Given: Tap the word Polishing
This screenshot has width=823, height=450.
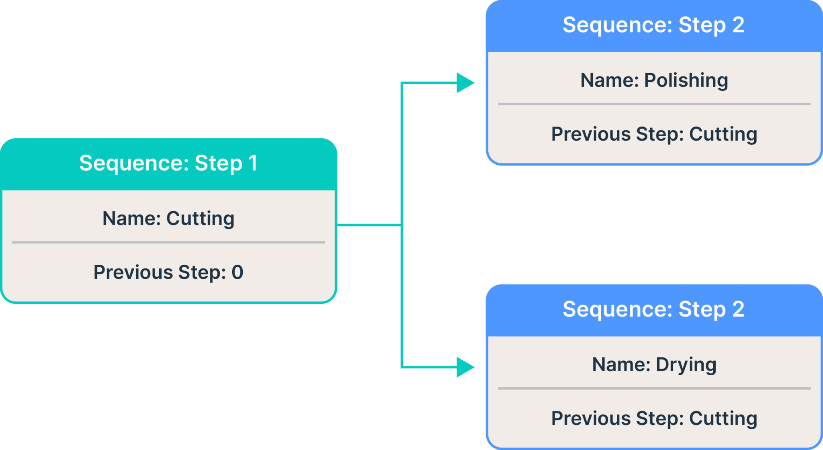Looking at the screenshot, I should pyautogui.click(x=686, y=80).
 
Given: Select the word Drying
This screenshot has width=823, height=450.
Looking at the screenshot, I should pyautogui.click(x=686, y=365).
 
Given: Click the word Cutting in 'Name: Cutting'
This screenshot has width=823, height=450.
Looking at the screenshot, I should pyautogui.click(x=200, y=219).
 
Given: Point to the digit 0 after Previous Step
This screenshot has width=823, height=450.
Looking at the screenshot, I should pyautogui.click(x=237, y=272).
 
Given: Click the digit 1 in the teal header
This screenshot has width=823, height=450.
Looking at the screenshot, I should pyautogui.click(x=253, y=163).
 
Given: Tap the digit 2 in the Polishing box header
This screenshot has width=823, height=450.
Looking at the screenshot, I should pyautogui.click(x=738, y=25).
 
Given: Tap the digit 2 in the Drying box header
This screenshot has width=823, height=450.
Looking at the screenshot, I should pyautogui.click(x=738, y=309).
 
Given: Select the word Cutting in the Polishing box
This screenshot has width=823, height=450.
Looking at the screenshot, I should pyautogui.click(x=723, y=134).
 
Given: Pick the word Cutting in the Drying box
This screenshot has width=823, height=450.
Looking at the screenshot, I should pyautogui.click(x=723, y=419).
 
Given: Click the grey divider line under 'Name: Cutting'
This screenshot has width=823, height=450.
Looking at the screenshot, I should pyautogui.click(x=168, y=242).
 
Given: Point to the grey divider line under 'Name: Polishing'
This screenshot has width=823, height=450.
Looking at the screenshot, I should pyautogui.click(x=654, y=104).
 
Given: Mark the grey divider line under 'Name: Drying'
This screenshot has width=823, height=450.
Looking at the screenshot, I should pyautogui.click(x=654, y=389).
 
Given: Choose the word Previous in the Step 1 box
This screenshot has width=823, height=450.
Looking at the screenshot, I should pyautogui.click(x=133, y=272).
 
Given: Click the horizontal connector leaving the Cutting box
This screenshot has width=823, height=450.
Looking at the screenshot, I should pyautogui.click(x=368, y=225).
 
